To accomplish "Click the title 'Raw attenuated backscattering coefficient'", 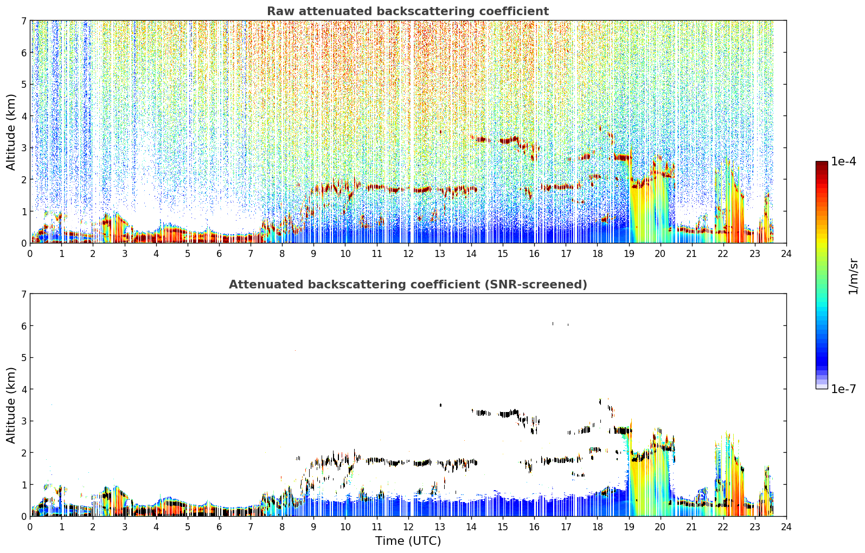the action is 408,11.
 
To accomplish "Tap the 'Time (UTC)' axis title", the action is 408,541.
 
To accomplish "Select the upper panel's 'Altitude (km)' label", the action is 11,132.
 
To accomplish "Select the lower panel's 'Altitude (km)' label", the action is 11,405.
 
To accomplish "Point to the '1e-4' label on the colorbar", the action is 843,162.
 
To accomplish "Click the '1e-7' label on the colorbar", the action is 843,389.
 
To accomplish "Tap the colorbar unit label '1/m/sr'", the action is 853,277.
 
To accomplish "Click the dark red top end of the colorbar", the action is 822,163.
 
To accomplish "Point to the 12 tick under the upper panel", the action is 408,254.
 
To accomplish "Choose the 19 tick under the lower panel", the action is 629,527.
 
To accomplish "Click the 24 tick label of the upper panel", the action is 786,254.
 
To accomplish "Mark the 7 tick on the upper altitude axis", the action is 23,21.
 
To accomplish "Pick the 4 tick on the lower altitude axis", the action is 23,389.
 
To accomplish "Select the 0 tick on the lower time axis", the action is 30,527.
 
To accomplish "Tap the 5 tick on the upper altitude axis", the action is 23,84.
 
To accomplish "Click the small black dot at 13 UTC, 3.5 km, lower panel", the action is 440,404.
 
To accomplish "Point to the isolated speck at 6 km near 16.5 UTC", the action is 553,324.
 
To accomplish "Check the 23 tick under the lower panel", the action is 755,527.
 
